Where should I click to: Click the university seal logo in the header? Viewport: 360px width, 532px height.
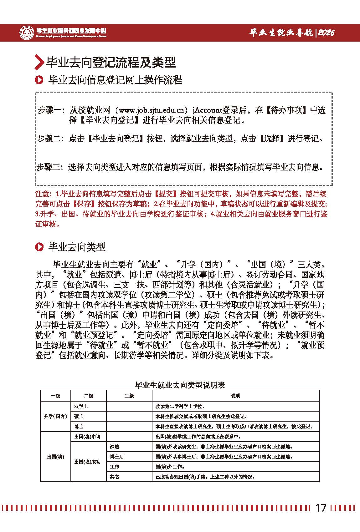[27, 32]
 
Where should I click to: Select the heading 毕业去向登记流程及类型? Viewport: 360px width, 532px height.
[111, 62]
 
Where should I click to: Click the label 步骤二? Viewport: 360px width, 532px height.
[49, 139]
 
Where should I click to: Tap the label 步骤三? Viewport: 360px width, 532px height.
[49, 167]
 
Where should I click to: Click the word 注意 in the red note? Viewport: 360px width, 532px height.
[43, 194]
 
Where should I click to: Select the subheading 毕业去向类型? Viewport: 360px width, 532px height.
[77, 247]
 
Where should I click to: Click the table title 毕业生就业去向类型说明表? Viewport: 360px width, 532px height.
[180, 385]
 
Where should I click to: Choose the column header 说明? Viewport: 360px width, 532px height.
[235, 396]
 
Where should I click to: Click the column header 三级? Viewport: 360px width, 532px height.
[129, 396]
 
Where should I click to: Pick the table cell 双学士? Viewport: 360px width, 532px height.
[81, 406]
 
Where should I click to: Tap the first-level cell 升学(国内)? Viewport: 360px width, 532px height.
[55, 416]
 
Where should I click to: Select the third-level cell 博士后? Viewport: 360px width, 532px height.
[116, 456]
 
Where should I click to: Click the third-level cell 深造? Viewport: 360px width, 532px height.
[115, 446]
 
